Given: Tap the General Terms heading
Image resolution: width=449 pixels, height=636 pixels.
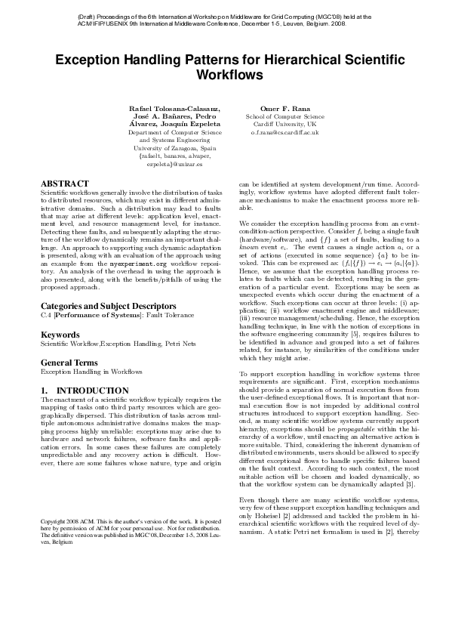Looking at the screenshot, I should click(x=70, y=363).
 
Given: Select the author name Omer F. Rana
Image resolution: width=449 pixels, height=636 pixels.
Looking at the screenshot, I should click(x=284, y=109).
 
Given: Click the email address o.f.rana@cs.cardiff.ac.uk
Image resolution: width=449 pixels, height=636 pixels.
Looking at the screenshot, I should click(x=284, y=132).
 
